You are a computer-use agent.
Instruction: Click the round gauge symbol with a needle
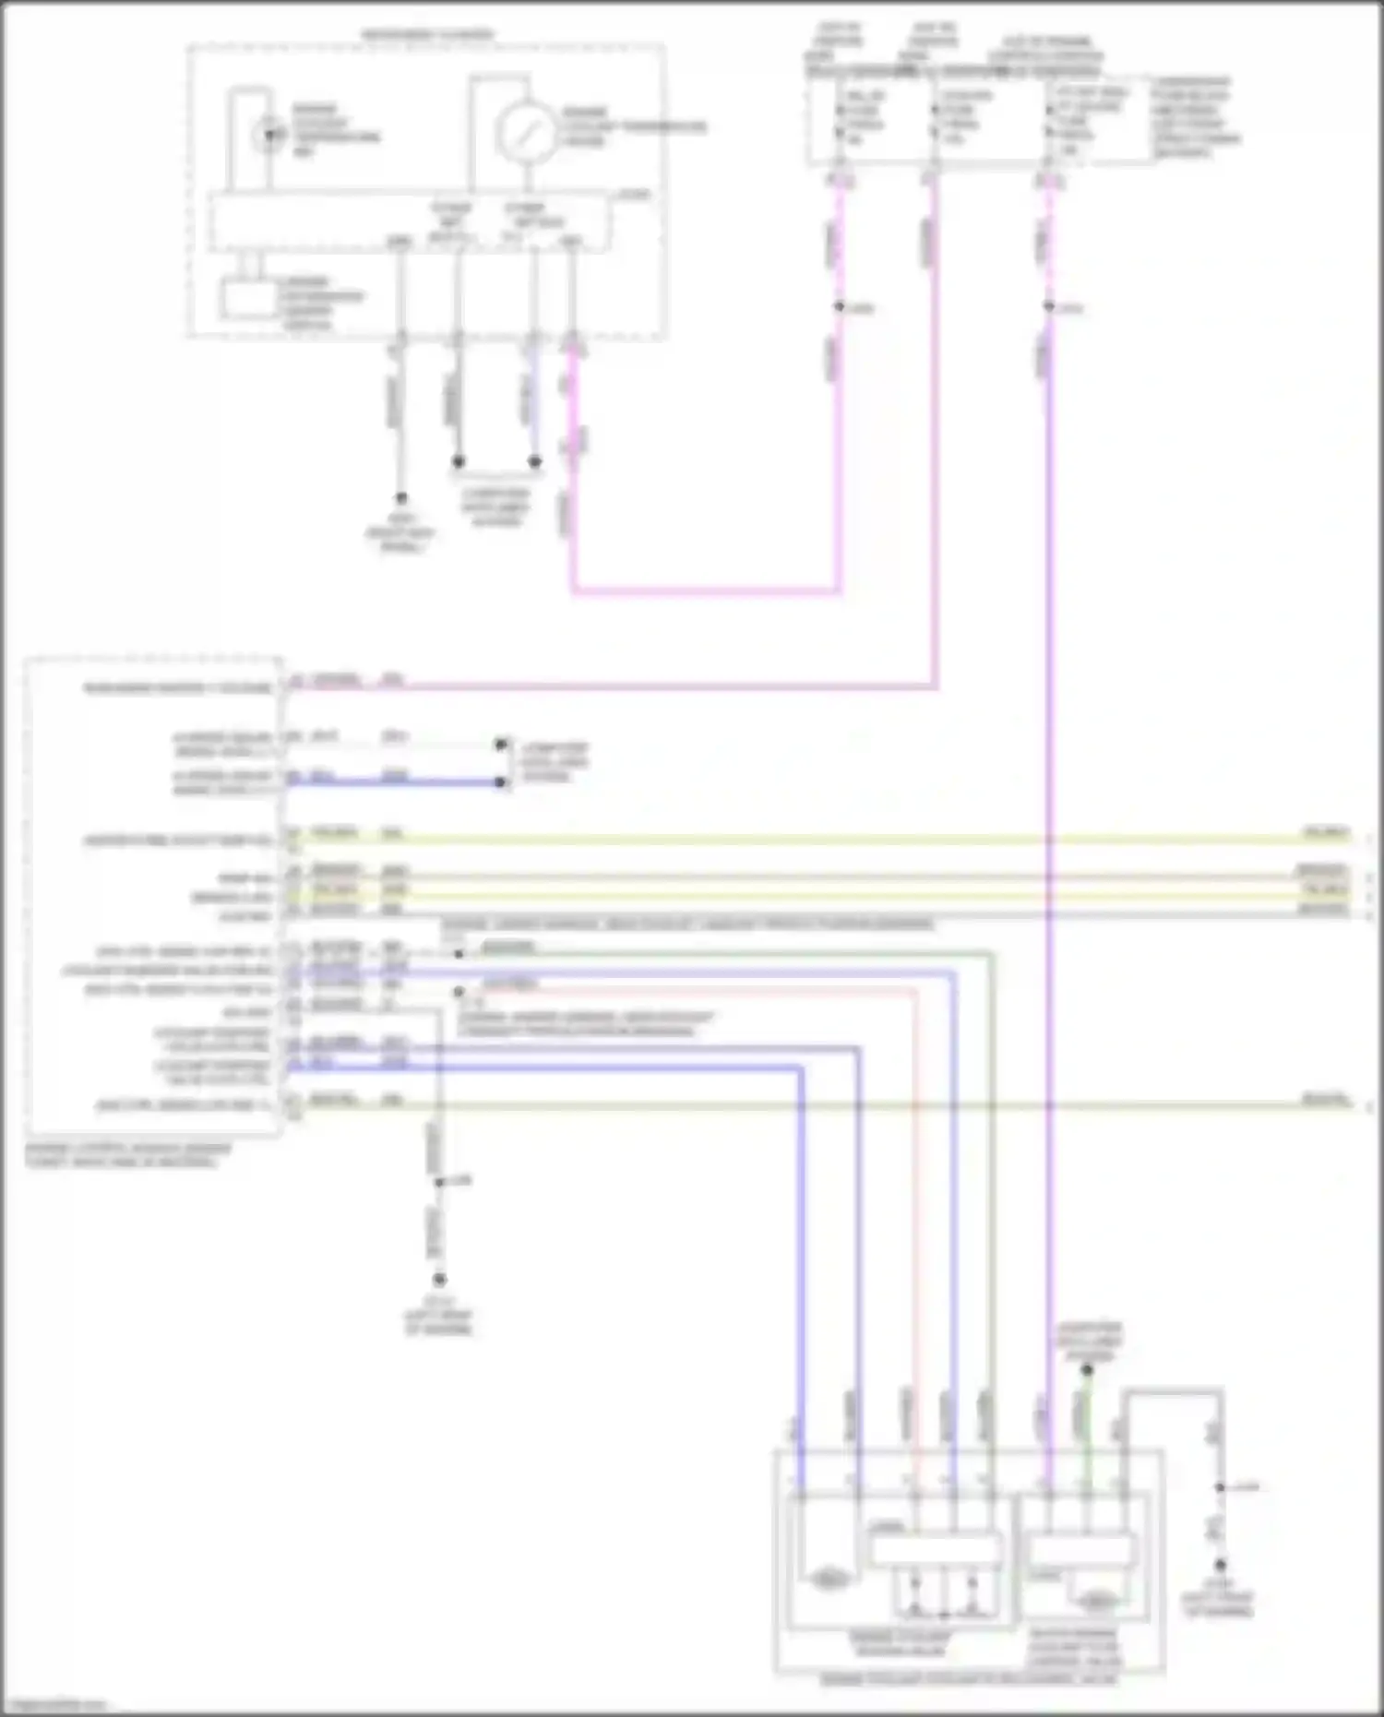[x=525, y=131]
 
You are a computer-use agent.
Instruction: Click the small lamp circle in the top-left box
[x=268, y=135]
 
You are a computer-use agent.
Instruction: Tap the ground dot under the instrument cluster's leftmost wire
[x=400, y=498]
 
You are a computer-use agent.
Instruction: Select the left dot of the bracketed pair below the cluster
[x=458, y=461]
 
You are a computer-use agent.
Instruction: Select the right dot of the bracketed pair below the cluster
[x=534, y=461]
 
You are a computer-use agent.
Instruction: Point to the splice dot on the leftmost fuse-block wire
[x=839, y=307]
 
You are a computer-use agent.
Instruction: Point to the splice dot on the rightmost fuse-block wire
[x=1049, y=307]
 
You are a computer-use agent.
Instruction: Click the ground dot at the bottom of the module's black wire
[x=439, y=1280]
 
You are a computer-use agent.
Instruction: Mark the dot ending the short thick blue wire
[x=500, y=782]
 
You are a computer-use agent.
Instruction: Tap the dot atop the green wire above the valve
[x=1087, y=1370]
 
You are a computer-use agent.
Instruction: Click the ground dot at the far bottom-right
[x=1219, y=1566]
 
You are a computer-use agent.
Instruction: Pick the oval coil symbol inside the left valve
[x=828, y=1580]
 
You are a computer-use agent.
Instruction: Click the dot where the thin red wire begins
[x=459, y=992]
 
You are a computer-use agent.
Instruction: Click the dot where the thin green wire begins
[x=459, y=953]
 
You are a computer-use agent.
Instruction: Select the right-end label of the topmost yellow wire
[x=1326, y=833]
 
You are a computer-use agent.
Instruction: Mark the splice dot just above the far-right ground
[x=1219, y=1487]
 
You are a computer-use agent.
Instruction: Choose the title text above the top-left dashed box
[x=427, y=35]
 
